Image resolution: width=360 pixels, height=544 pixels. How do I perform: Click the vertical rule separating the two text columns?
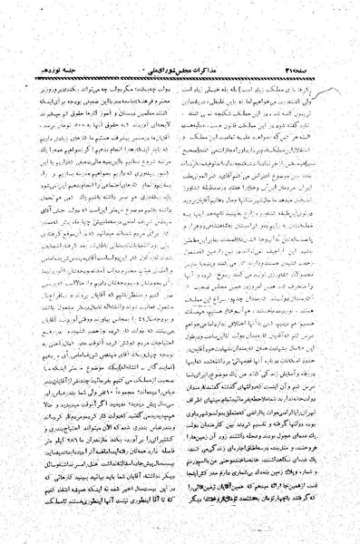180,272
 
